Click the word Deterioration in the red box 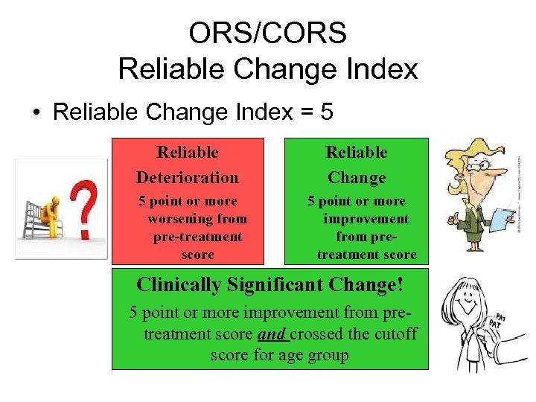click(x=188, y=177)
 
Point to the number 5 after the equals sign click(x=326, y=112)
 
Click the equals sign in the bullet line click(x=304, y=113)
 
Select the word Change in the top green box click(x=357, y=177)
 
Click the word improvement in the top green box click(x=366, y=219)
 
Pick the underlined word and click(x=271, y=334)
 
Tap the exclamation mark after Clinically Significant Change click(x=400, y=284)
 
